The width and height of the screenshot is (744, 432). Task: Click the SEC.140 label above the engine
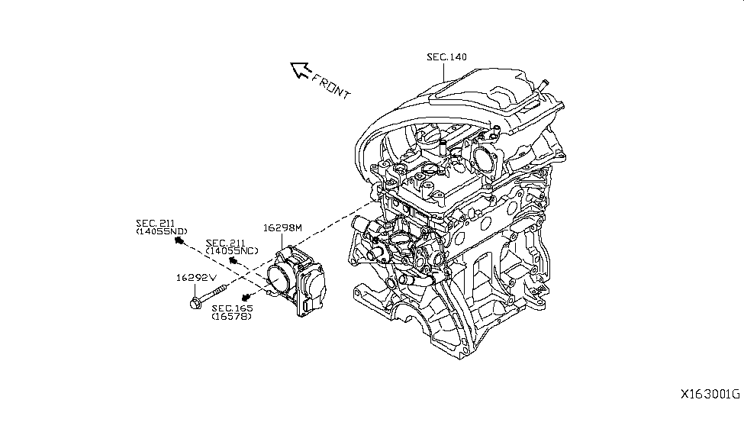[x=446, y=57]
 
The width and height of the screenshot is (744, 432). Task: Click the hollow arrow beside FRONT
[x=300, y=71]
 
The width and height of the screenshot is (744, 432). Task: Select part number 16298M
[x=283, y=227]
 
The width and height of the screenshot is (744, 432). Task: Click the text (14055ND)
[x=161, y=231]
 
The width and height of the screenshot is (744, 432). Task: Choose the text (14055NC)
[x=232, y=250]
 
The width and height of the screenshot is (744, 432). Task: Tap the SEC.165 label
[x=233, y=308]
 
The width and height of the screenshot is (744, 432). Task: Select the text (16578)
[x=233, y=317]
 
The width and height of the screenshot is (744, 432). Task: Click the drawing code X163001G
[x=710, y=395]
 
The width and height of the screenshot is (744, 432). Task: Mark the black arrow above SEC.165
[x=246, y=296]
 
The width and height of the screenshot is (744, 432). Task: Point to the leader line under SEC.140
[x=444, y=73]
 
